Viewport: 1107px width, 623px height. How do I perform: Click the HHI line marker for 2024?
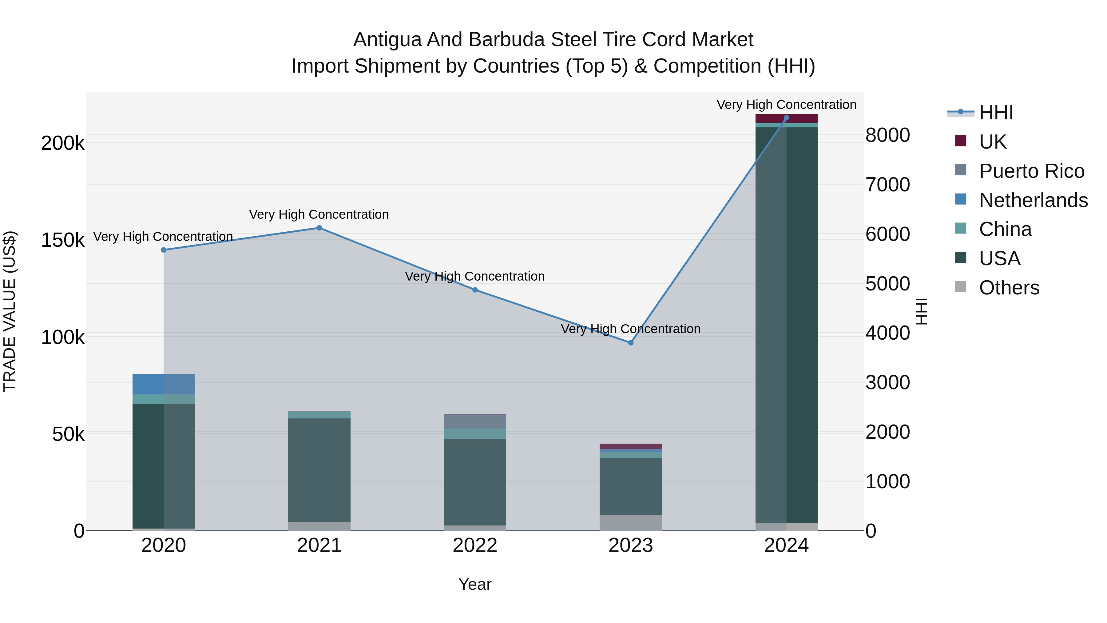pyautogui.click(x=786, y=118)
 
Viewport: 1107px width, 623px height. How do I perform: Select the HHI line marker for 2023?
pyautogui.click(x=630, y=343)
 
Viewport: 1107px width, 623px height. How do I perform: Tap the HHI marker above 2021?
pyautogui.click(x=319, y=228)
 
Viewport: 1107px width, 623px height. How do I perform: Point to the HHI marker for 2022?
pyautogui.click(x=475, y=290)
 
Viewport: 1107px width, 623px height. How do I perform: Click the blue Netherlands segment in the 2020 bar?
pyautogui.click(x=163, y=384)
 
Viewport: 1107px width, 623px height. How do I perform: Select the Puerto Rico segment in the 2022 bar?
pyautogui.click(x=475, y=421)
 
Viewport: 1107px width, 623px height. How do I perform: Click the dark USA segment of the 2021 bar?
pyautogui.click(x=319, y=469)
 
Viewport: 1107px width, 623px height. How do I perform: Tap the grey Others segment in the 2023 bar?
pyautogui.click(x=630, y=522)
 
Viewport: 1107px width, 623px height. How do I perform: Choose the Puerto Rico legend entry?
pyautogui.click(x=1031, y=171)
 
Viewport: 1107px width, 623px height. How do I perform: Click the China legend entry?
pyautogui.click(x=1005, y=229)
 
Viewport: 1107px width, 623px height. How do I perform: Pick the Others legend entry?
pyautogui.click(x=1009, y=288)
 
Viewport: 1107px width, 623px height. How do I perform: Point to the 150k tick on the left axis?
pyautogui.click(x=63, y=240)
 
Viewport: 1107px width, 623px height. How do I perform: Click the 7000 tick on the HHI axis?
pyautogui.click(x=887, y=185)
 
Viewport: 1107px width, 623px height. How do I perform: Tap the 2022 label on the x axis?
pyautogui.click(x=475, y=545)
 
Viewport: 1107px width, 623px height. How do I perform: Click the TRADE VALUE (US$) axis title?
pyautogui.click(x=10, y=311)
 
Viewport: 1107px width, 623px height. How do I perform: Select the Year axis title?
pyautogui.click(x=475, y=584)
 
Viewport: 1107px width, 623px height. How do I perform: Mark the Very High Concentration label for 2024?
pyautogui.click(x=786, y=105)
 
